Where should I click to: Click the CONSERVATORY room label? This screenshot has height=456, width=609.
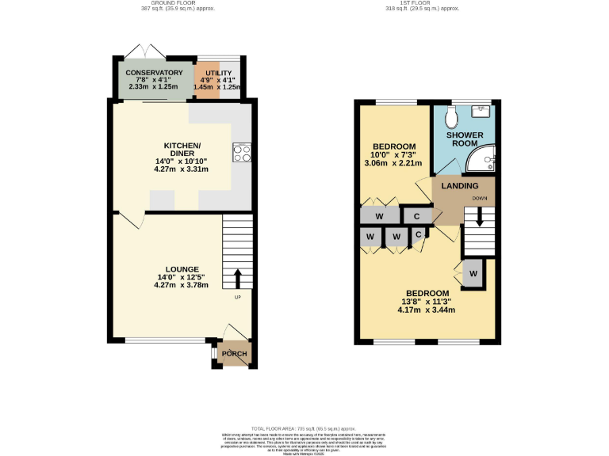(x=154, y=73)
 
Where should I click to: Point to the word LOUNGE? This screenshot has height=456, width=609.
(x=182, y=269)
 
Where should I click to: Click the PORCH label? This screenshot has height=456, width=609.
(x=235, y=354)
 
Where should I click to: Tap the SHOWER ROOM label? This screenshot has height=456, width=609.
(x=464, y=139)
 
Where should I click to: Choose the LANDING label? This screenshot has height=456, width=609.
(x=460, y=185)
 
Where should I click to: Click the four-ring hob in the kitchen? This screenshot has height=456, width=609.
(x=241, y=153)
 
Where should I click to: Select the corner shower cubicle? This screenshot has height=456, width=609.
(x=481, y=161)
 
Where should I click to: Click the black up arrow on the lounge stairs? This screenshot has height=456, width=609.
(x=236, y=279)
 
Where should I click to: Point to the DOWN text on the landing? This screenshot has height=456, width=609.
(x=479, y=198)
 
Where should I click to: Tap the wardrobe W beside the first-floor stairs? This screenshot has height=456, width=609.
(x=473, y=274)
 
